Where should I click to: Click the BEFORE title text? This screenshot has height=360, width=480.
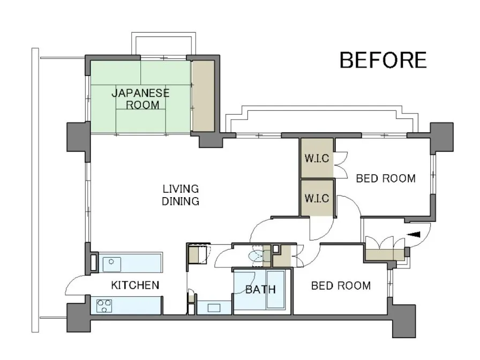[x=383, y=60]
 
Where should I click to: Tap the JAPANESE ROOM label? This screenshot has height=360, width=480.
[x=140, y=99]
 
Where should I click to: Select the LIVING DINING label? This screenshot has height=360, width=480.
[x=181, y=194]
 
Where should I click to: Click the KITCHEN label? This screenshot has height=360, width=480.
[x=135, y=286]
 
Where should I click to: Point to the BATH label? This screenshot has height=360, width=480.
[x=260, y=289]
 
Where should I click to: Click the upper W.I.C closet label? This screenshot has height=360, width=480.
[x=317, y=158]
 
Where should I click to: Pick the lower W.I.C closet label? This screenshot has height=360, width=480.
[x=317, y=198]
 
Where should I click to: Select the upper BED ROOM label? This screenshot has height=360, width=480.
[x=386, y=178]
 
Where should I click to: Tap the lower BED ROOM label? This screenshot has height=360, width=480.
[x=341, y=286]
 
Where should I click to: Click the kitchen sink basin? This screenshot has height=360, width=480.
[x=111, y=264]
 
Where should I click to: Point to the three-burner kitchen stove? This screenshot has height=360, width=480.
[x=104, y=306]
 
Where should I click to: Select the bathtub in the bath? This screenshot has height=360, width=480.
[x=276, y=289]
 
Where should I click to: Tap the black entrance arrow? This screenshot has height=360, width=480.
[x=414, y=235]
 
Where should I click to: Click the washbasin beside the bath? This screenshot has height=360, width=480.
[x=214, y=307]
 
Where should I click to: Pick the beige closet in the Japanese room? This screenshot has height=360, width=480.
[x=203, y=96]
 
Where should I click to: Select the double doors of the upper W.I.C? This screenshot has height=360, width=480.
[x=340, y=164]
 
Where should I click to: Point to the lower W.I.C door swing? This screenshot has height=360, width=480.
[x=320, y=229]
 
